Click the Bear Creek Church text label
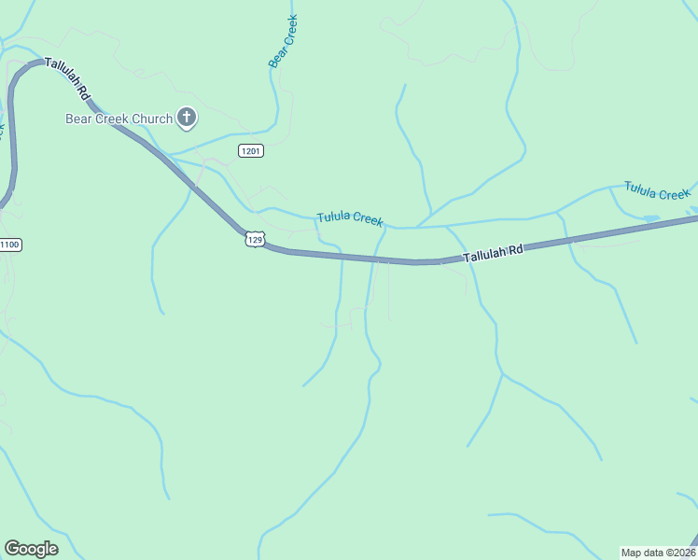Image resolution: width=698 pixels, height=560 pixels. [x=119, y=119]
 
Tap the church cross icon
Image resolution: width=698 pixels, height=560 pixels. [x=187, y=118]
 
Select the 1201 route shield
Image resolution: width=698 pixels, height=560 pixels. [x=250, y=151]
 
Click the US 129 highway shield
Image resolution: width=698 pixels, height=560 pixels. [x=255, y=240]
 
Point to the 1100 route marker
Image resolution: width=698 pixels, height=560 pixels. [x=9, y=245]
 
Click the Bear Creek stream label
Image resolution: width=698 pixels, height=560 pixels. [x=282, y=42]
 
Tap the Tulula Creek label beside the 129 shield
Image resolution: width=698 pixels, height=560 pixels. [x=350, y=218]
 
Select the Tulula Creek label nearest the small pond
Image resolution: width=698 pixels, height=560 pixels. [x=657, y=192]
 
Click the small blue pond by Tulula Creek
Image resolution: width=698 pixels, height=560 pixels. [x=650, y=218]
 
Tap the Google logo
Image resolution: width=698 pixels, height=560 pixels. [x=31, y=549]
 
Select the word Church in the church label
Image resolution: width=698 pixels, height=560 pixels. [x=152, y=119]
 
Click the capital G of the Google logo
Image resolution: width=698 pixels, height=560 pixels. [x=12, y=549]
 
